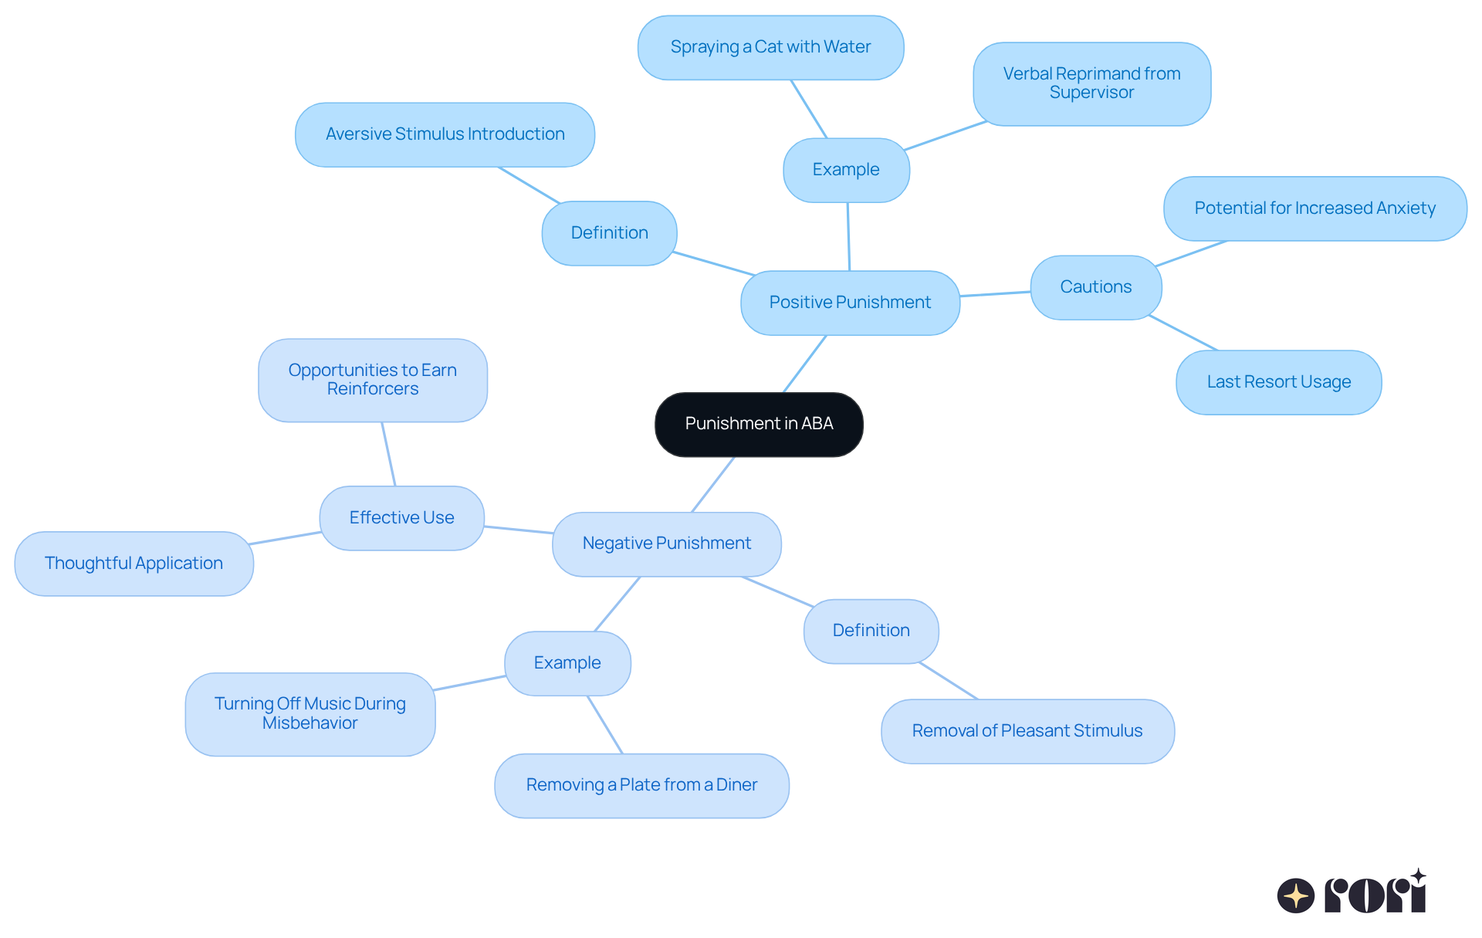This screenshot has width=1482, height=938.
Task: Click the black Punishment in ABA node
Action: pyautogui.click(x=759, y=424)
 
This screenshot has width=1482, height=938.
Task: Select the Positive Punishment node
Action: pyautogui.click(x=850, y=303)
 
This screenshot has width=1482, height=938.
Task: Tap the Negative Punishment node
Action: pyautogui.click(x=666, y=543)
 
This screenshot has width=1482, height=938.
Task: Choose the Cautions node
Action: pyautogui.click(x=1095, y=287)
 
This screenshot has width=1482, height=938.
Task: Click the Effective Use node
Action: pyautogui.click(x=401, y=518)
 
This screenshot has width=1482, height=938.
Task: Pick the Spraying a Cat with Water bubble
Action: pyautogui.click(x=770, y=47)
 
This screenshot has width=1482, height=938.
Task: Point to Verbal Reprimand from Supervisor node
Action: pyautogui.click(x=1091, y=83)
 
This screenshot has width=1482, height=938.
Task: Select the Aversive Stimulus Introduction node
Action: pyautogui.click(x=445, y=134)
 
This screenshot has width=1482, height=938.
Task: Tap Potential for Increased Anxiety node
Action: pyautogui.click(x=1315, y=208)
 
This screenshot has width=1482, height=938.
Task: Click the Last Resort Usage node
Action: pyautogui.click(x=1278, y=382)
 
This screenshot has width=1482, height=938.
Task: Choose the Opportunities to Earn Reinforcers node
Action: pyautogui.click(x=372, y=380)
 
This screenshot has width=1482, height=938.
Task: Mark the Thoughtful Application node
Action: pyautogui.click(x=134, y=564)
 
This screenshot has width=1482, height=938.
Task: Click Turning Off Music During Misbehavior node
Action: pyautogui.click(x=310, y=713)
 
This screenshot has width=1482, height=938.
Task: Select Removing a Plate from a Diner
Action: pyautogui.click(x=641, y=785)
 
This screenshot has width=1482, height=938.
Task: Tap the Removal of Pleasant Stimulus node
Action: pyautogui.click(x=1027, y=731)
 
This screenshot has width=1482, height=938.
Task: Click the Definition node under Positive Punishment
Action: pyautogui.click(x=609, y=233)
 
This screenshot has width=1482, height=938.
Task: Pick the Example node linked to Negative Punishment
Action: pyautogui.click(x=567, y=663)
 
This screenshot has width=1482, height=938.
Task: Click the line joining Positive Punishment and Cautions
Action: pyautogui.click(x=995, y=293)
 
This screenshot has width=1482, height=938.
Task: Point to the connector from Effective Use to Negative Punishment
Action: pyautogui.click(x=518, y=530)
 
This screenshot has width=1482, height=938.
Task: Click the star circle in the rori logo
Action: pyautogui.click(x=1295, y=896)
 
